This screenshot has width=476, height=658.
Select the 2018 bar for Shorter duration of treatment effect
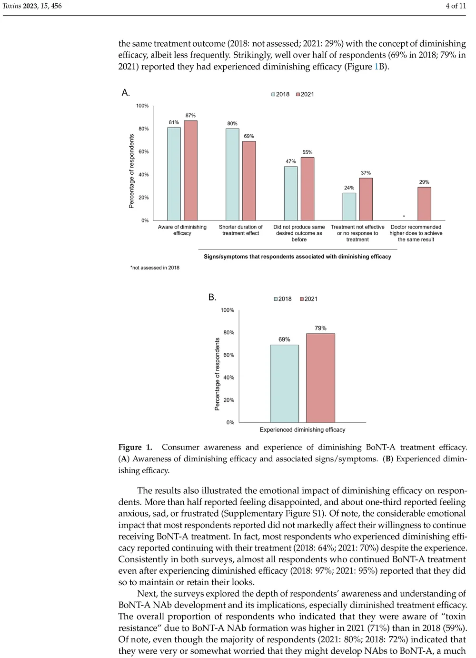pos(232,174)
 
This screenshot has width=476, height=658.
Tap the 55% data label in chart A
pos(307,152)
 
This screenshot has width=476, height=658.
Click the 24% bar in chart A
pos(349,207)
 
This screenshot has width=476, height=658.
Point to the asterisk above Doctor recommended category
pos(404,217)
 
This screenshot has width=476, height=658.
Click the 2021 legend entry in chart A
pos(305,94)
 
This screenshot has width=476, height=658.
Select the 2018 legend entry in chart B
pos(283,299)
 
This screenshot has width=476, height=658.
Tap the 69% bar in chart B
pos(284,384)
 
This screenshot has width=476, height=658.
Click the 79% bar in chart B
pos(320,378)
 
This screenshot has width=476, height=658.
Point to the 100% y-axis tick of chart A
pos(142,106)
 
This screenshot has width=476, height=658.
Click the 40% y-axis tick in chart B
pos(228,378)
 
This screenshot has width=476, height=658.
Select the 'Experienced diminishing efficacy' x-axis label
pos(302,429)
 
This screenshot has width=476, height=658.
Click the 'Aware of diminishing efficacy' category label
pos(182,230)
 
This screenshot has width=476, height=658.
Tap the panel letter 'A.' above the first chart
pos(126,93)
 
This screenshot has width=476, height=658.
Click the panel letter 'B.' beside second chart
pos(212,298)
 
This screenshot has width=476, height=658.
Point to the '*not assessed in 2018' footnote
pos(155,268)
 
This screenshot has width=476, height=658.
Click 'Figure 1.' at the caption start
pos(135,447)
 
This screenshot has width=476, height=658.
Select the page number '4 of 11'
pos(456,6)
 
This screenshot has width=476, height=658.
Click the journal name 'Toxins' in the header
pos(12,6)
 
